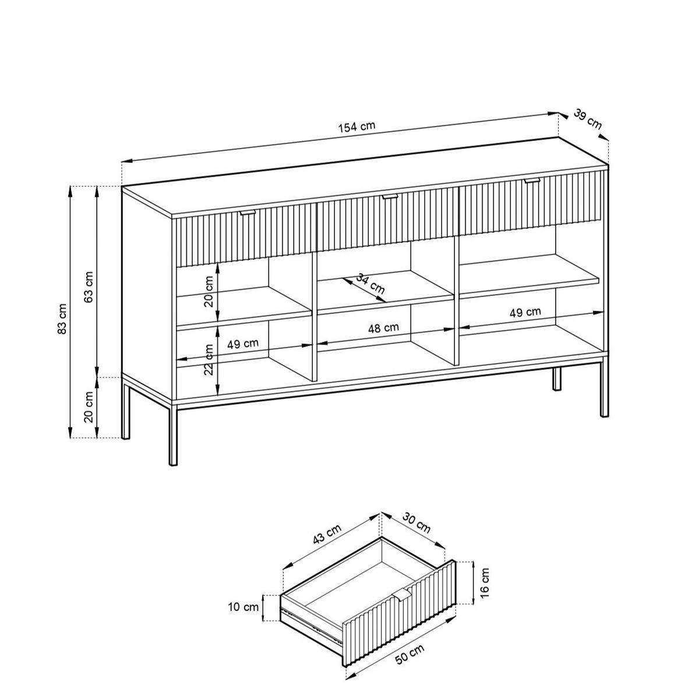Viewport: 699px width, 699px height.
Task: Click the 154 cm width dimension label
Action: pos(356,126)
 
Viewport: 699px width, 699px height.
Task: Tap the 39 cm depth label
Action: pos(587,119)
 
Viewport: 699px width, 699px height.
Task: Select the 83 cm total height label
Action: pos(62,319)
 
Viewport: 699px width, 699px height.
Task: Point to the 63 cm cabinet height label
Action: pos(89,287)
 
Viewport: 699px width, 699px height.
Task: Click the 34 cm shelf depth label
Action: pos(370,284)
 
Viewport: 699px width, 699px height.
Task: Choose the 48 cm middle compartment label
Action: pos(383,328)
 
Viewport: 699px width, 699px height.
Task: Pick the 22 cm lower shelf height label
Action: pos(209,359)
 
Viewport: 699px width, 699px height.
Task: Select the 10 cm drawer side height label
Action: pos(243,606)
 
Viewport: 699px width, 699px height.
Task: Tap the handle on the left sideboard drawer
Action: pos(248,213)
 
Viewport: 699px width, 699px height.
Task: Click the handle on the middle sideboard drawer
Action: pos(390,197)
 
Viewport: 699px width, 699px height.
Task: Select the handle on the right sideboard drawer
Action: pos(532,181)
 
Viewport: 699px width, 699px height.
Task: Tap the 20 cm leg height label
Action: pos(89,407)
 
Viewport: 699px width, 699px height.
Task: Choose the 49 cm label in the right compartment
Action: pos(525,312)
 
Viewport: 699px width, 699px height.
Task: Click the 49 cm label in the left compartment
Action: pos(243,344)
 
